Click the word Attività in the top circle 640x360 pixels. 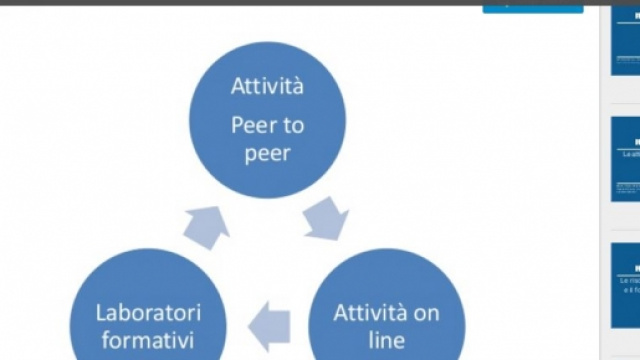268,86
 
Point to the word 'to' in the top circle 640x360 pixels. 292,126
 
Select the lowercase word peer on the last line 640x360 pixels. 267,155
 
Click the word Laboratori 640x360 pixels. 148,312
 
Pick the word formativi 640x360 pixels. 148,340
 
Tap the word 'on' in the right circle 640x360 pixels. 427,312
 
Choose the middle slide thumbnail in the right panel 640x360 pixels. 626,160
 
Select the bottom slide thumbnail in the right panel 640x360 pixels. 626,285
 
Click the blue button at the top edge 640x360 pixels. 532,6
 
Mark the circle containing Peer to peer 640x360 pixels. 268,120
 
